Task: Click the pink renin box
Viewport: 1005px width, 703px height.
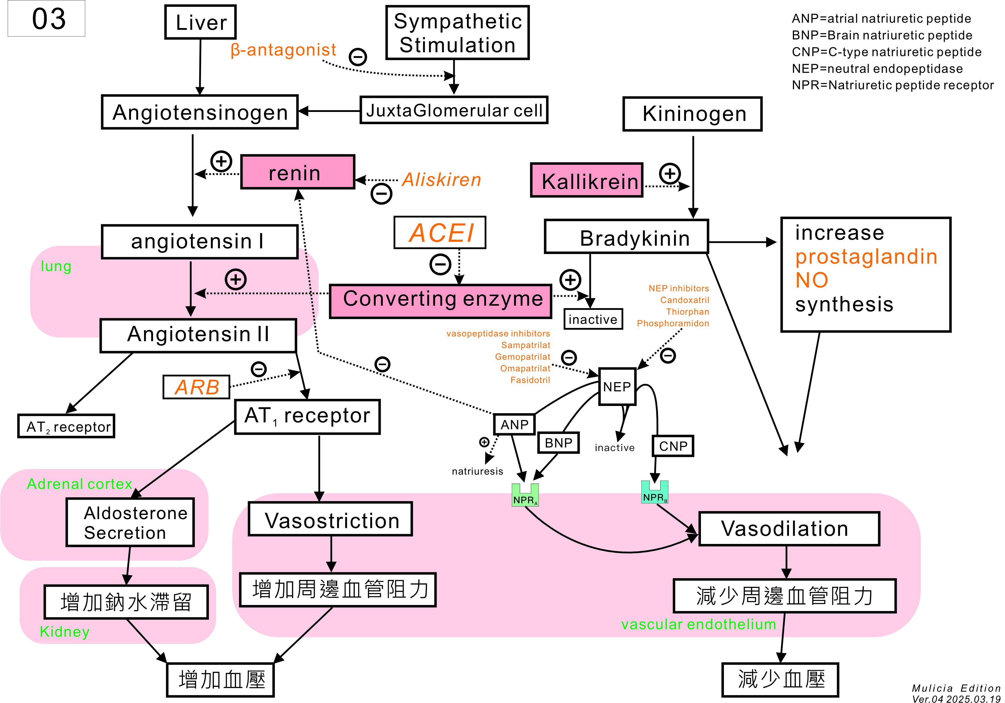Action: point(298,172)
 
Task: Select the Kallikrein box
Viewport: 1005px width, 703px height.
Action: point(587,180)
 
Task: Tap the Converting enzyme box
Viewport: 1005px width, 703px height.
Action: point(440,301)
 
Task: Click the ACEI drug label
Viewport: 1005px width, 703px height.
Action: point(440,232)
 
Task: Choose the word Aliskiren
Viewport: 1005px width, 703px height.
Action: point(441,180)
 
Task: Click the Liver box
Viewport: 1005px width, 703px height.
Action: point(201,22)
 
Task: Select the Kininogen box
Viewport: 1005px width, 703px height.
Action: point(693,114)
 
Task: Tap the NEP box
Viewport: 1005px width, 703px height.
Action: point(617,386)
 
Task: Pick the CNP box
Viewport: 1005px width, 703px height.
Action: point(673,446)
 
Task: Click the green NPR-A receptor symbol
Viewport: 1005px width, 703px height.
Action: point(525,495)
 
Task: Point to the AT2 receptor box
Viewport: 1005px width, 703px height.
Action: point(66,426)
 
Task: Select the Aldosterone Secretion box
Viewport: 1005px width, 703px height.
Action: point(130,522)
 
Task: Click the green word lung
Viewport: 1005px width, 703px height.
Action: point(56,266)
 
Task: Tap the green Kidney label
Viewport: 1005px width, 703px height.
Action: point(65,632)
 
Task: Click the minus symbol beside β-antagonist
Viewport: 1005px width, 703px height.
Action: point(357,56)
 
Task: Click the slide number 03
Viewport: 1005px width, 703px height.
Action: point(49,19)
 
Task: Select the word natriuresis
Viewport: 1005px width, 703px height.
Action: point(477,471)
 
